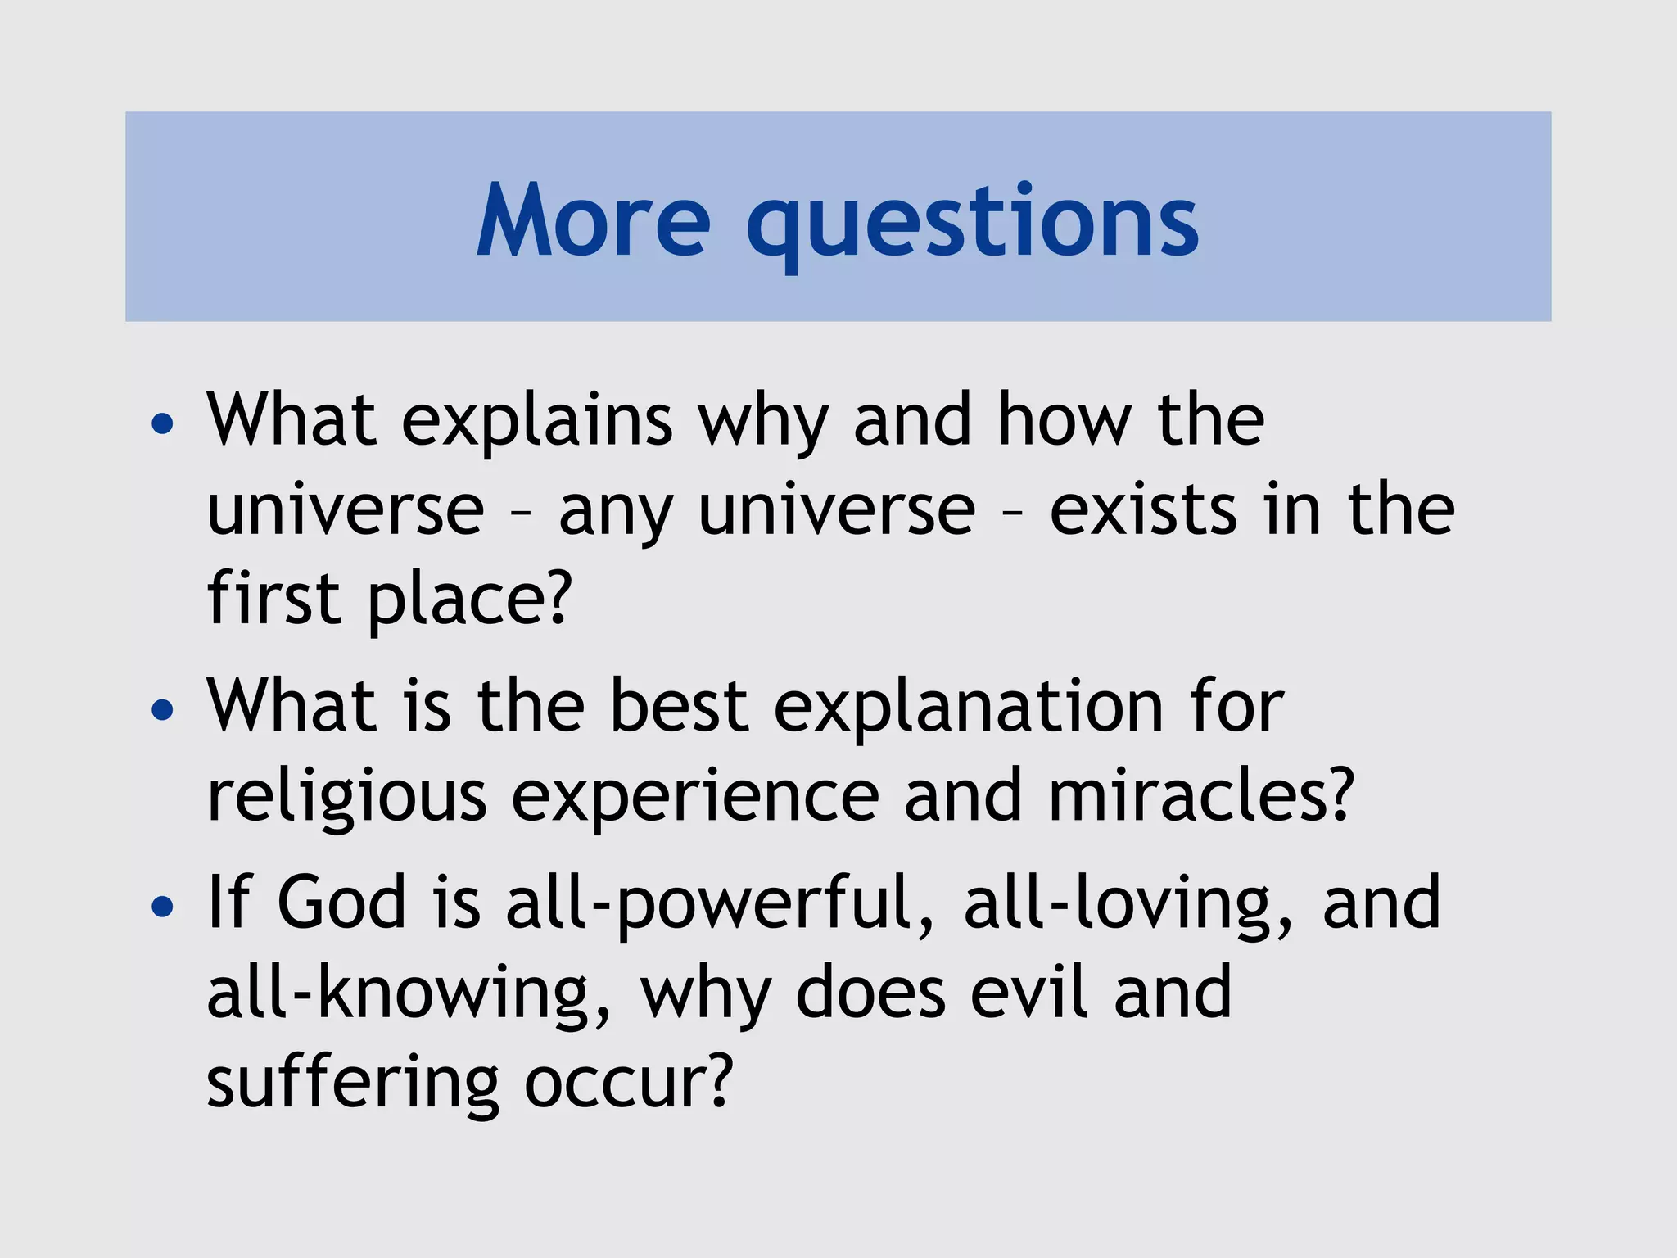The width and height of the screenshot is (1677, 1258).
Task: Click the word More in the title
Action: pyautogui.click(x=594, y=219)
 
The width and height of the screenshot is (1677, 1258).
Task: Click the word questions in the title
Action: pyautogui.click(x=972, y=223)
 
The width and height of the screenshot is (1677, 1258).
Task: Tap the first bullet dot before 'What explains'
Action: pyautogui.click(x=163, y=423)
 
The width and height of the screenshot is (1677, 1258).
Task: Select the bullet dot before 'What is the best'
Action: pyautogui.click(x=163, y=709)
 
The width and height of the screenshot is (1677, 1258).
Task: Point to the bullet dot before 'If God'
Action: pyautogui.click(x=163, y=906)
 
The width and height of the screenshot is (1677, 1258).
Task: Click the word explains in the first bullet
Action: pyautogui.click(x=536, y=421)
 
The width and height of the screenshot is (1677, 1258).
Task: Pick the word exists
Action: pyautogui.click(x=1143, y=509)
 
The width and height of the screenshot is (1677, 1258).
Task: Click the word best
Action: pyautogui.click(x=679, y=706)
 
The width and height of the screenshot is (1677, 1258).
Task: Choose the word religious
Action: pyautogui.click(x=347, y=798)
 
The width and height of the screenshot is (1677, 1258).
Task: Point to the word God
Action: pyautogui.click(x=341, y=903)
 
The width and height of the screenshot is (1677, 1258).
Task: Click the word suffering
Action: pyautogui.click(x=353, y=1083)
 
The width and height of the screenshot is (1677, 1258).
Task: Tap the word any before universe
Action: pyautogui.click(x=615, y=513)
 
